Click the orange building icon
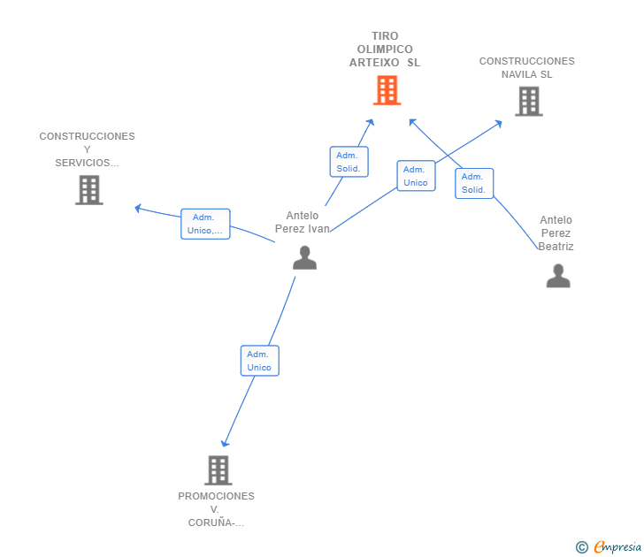pos(387,90)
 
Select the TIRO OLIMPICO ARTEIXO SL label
pos(385,50)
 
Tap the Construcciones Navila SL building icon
pos(529,102)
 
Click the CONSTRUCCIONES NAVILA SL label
pos(527,68)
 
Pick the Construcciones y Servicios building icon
pos(89,190)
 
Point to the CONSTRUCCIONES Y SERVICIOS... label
pos(87,149)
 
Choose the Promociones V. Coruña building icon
pos(218,470)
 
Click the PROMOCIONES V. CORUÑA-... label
pos(216,509)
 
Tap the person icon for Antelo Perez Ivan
pos(304,257)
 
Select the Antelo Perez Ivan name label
pos(303,222)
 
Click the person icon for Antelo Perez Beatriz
pos(558,276)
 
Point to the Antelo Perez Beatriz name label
pos(556,233)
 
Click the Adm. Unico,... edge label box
pos(205,224)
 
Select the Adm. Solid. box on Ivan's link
pos(349,162)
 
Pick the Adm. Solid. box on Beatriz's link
pos(474,184)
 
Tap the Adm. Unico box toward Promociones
pos(259,361)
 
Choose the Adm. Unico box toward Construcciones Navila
pos(416,176)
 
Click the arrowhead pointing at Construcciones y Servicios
pos(138,208)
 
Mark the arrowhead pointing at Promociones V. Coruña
pos(225,443)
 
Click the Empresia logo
pos(609,546)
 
